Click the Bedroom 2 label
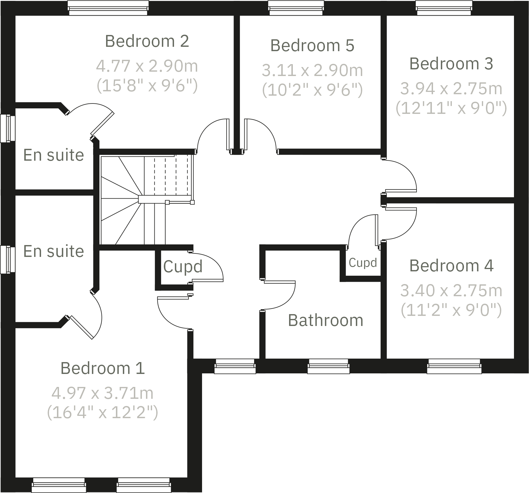[147, 41]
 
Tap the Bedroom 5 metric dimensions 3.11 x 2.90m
[312, 70]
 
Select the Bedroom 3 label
[451, 64]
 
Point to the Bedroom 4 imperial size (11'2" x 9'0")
[451, 310]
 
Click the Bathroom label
[325, 320]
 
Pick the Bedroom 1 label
[102, 368]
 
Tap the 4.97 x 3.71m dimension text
[102, 393]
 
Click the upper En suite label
[53, 155]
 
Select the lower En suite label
[53, 251]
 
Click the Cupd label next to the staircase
[183, 266]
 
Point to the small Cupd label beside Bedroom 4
[363, 263]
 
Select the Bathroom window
[328, 366]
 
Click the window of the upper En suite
[8, 129]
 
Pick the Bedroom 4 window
[454, 366]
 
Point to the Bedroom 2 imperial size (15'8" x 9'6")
[147, 86]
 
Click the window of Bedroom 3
[444, 8]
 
